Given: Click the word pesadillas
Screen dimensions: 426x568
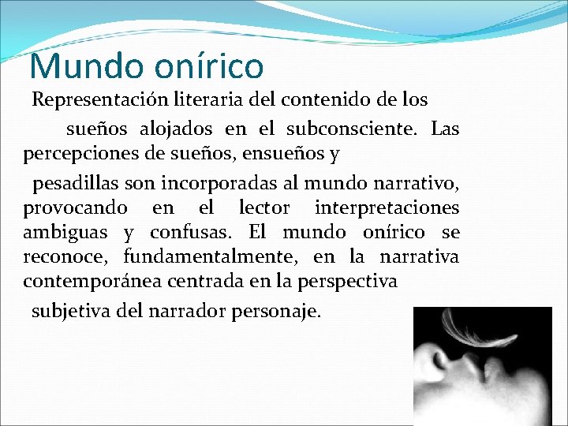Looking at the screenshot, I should [x=75, y=184].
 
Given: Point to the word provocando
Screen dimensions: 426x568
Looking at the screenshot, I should [x=75, y=209].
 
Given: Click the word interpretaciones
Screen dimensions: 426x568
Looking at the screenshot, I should [x=387, y=209].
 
